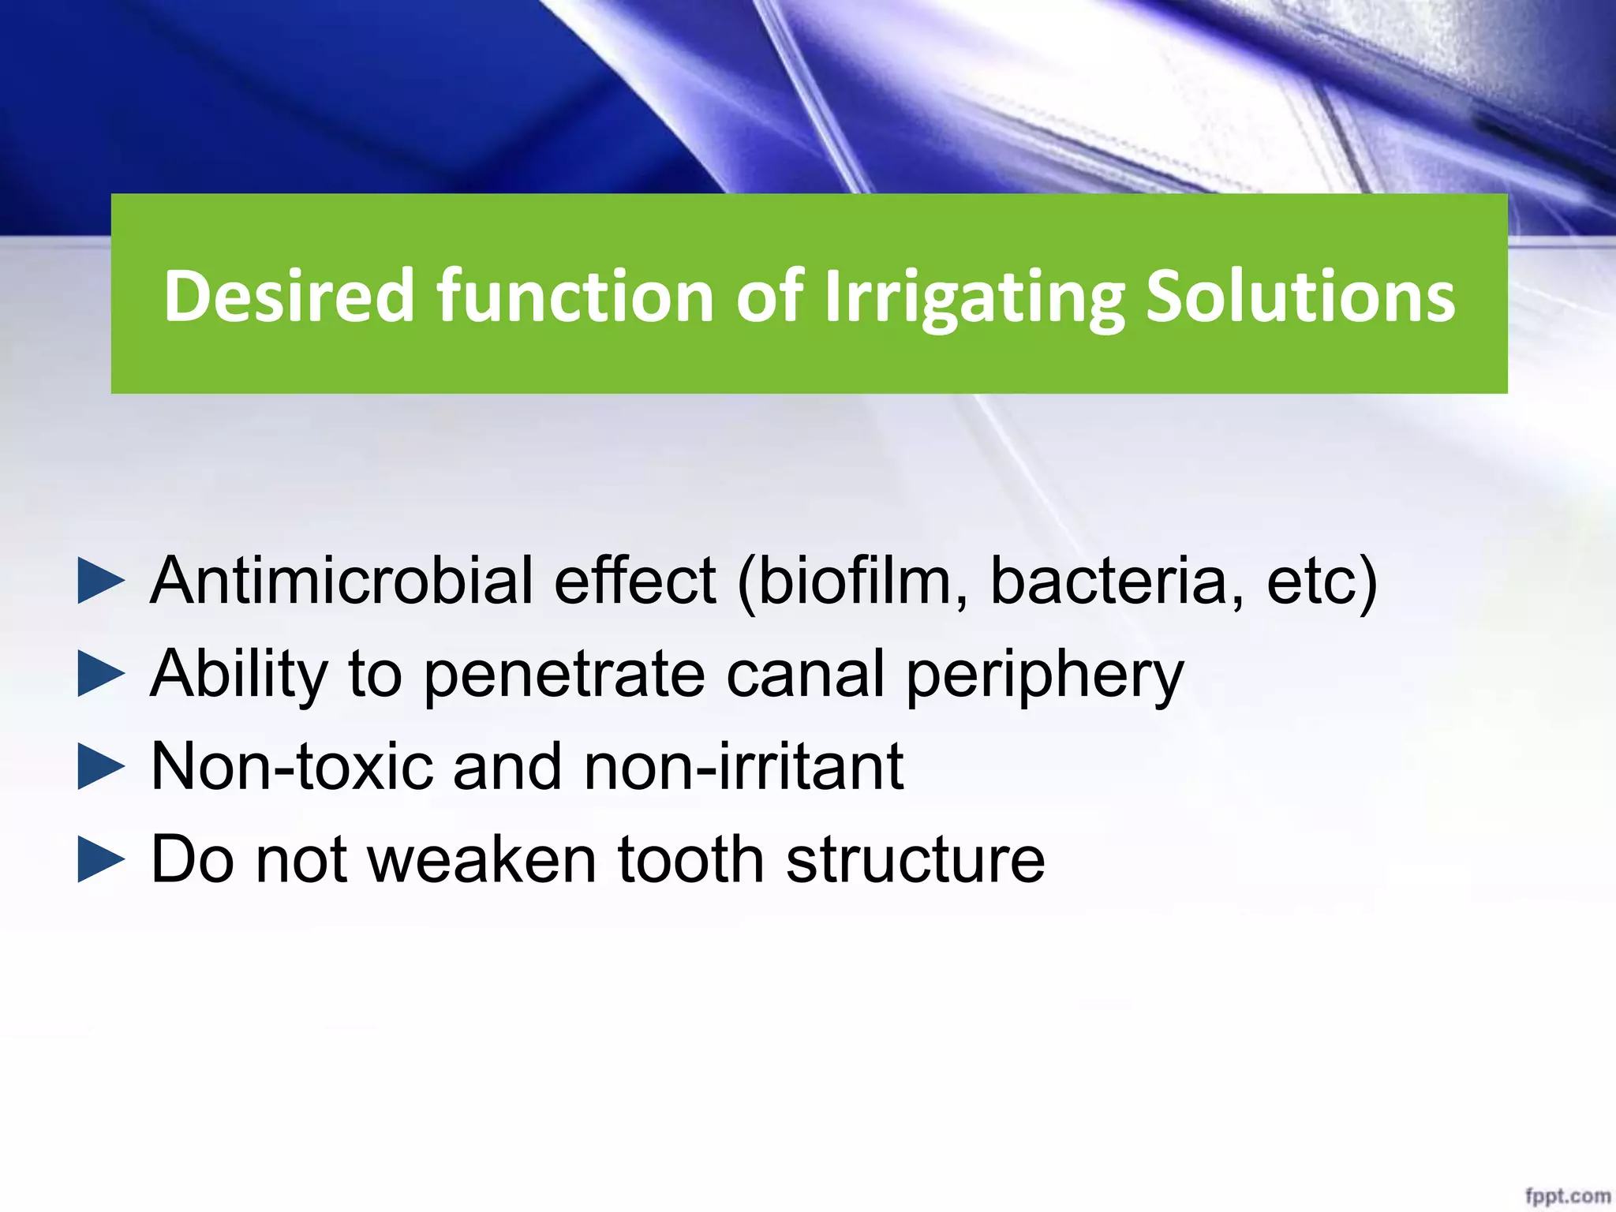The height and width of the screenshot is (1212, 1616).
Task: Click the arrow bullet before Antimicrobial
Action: pyautogui.click(x=101, y=582)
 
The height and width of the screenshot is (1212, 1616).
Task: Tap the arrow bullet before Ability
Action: pyautogui.click(x=101, y=675)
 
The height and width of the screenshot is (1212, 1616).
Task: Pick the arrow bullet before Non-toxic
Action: pyautogui.click(x=101, y=767)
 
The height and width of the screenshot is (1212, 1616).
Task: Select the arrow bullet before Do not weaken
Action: pyautogui.click(x=101, y=860)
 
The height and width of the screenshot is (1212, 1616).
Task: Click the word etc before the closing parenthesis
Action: pyautogui.click(x=1310, y=582)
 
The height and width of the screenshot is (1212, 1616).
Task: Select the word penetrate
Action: pyautogui.click(x=563, y=675)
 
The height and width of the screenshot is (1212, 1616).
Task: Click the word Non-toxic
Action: pyautogui.click(x=291, y=767)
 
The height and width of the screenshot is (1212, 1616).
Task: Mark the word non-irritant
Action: pyautogui.click(x=743, y=767)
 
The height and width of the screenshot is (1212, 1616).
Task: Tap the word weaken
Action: pyautogui.click(x=481, y=860)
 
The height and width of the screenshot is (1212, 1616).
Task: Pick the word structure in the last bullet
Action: pyautogui.click(x=915, y=860)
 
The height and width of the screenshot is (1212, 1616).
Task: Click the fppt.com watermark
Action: pyautogui.click(x=1566, y=1196)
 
